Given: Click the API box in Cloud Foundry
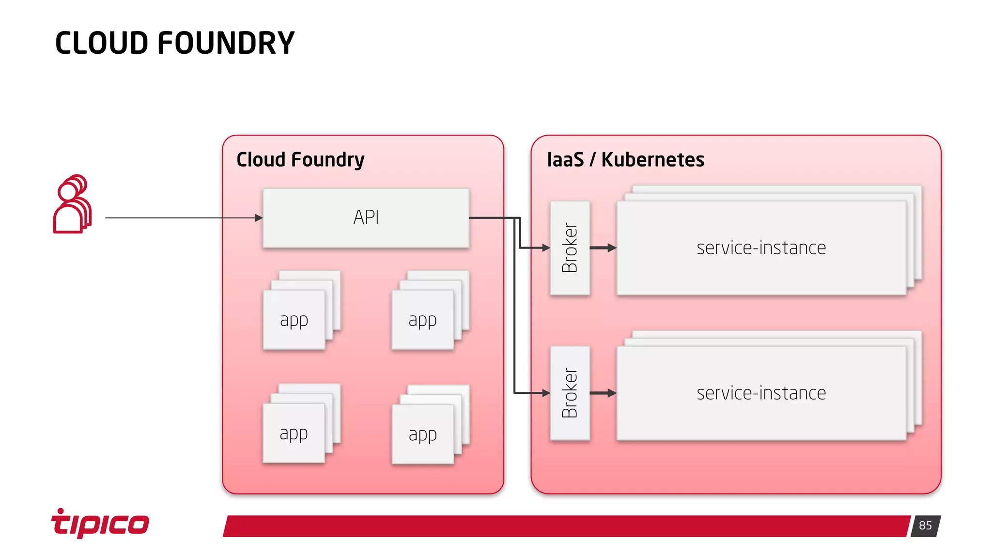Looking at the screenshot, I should pos(366,218).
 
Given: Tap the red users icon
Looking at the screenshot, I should pos(72,204).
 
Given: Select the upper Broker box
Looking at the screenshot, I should pos(570,248).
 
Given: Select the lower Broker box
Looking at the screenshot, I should pos(570,393).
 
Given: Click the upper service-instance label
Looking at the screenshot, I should pos(761,248).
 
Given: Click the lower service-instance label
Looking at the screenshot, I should pos(761,393).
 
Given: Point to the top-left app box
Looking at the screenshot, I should pos(294,320).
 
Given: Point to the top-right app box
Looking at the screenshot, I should pos(422,320).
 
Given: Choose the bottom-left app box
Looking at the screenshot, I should pos(294,433).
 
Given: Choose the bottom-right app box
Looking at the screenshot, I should pos(422,434).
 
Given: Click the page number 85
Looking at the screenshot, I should pos(925,526).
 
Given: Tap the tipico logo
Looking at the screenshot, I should pos(100,523).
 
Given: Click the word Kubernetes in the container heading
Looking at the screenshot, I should pos(652,160).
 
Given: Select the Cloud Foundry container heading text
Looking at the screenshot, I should pos(300,160).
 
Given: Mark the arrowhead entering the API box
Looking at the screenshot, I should pos(259,218).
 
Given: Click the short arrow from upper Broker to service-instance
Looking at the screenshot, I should pos(603,248).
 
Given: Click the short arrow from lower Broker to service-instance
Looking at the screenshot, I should pos(603,393).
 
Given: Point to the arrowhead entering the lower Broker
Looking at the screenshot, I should pos(546,393).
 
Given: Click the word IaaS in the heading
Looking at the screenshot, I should pos(565,160).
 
